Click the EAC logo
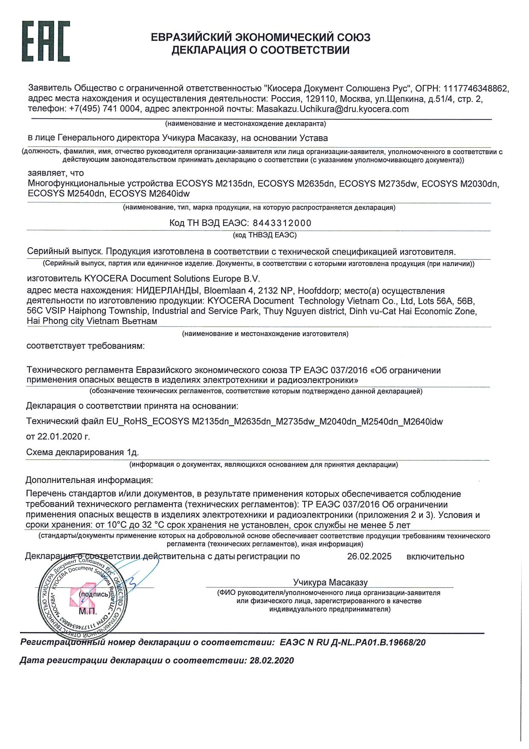point(46,41)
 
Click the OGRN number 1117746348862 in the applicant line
point(476,88)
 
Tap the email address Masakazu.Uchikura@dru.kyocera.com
point(332,109)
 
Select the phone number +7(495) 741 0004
point(105,109)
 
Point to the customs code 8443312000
point(282,223)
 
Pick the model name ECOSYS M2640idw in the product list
point(150,193)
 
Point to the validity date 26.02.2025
point(369,556)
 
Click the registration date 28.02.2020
point(272,661)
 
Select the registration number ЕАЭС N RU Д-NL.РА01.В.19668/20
point(352,642)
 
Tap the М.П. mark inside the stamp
point(87,611)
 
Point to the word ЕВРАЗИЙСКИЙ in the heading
point(191,37)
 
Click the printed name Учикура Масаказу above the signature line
point(330,582)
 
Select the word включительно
point(435,556)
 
